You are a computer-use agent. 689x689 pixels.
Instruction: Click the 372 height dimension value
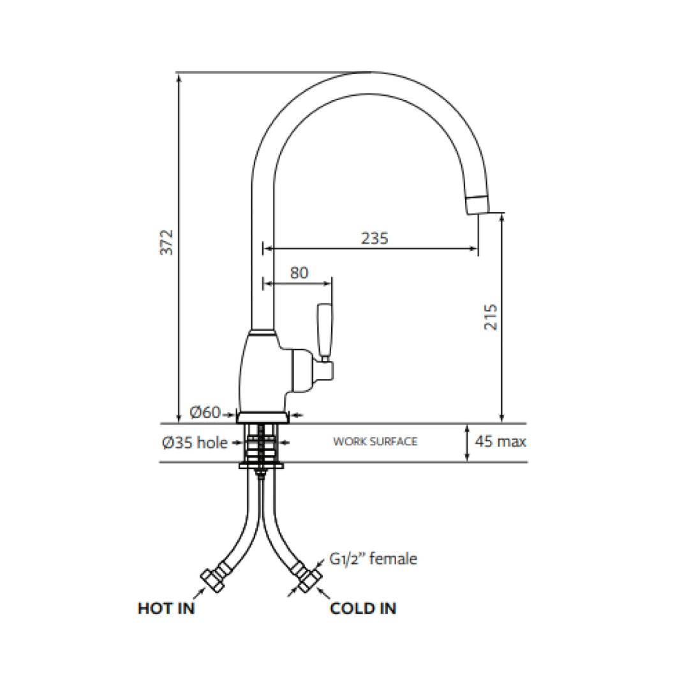point(167,242)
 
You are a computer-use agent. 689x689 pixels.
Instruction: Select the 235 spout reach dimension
point(374,238)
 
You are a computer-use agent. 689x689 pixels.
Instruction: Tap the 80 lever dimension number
point(299,272)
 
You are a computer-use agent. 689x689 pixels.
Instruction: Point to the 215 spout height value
point(491,316)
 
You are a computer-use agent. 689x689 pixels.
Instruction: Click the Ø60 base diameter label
point(205,413)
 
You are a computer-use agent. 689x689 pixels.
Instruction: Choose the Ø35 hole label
point(195,442)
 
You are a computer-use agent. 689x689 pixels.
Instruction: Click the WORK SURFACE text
point(375,441)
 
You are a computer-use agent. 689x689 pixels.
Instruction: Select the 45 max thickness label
point(501,441)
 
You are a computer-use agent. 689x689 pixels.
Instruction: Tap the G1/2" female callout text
point(373,559)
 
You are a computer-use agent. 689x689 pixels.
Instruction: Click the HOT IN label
point(166,608)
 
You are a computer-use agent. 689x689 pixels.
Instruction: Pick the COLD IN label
point(362,608)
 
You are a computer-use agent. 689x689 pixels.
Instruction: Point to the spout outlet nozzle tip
point(478,205)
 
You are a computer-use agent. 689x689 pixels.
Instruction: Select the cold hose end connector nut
point(309,577)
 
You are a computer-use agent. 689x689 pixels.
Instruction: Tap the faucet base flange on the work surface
point(262,417)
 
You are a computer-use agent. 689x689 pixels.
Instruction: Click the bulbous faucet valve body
point(262,370)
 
